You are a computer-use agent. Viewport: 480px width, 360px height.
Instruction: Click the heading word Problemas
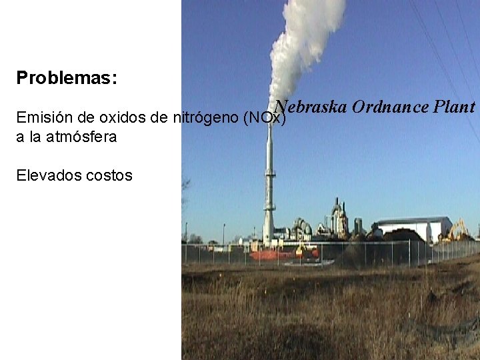67,78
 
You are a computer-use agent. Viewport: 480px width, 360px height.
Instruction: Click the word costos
109,176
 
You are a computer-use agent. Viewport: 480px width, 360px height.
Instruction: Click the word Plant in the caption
454,107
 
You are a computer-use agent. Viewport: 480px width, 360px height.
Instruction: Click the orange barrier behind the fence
273,255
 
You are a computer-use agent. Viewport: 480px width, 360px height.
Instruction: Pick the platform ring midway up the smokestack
269,175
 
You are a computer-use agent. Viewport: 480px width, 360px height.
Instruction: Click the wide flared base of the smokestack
269,233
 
